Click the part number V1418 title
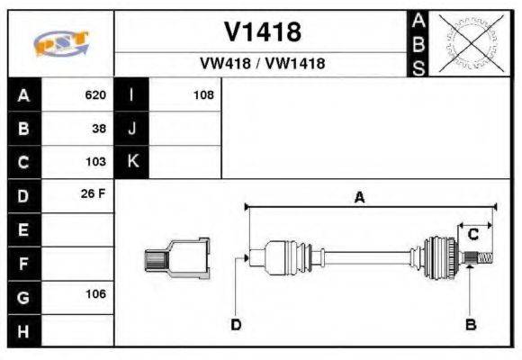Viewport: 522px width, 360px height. point(262,32)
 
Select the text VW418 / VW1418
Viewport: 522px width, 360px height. point(262,64)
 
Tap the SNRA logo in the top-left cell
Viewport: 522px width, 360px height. point(60,43)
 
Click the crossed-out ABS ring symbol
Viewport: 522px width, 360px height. point(469,43)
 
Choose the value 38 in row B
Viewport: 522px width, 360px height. point(99,129)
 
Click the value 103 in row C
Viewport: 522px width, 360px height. point(95,163)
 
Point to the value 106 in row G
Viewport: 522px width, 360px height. point(95,294)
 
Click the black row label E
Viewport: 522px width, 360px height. point(23,229)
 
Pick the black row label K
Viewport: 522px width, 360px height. point(131,163)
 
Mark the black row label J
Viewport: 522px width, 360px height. point(131,129)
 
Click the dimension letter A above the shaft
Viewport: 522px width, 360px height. point(359,197)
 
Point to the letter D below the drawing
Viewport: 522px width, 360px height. point(236,325)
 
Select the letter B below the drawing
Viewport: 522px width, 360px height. point(470,325)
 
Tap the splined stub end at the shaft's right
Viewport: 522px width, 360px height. point(482,259)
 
